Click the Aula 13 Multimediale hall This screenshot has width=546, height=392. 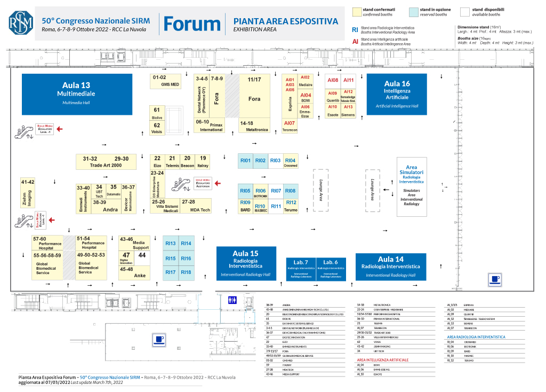tap(76, 93)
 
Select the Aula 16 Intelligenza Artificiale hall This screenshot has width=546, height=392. tap(397, 93)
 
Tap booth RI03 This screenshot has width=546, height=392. tap(275, 161)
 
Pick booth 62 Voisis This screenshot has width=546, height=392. tap(157, 128)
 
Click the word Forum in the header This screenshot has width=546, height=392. tap(192, 24)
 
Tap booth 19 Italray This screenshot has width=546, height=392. tap(203, 161)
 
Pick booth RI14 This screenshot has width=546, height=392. tap(186, 244)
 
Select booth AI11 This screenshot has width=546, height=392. tap(349, 81)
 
